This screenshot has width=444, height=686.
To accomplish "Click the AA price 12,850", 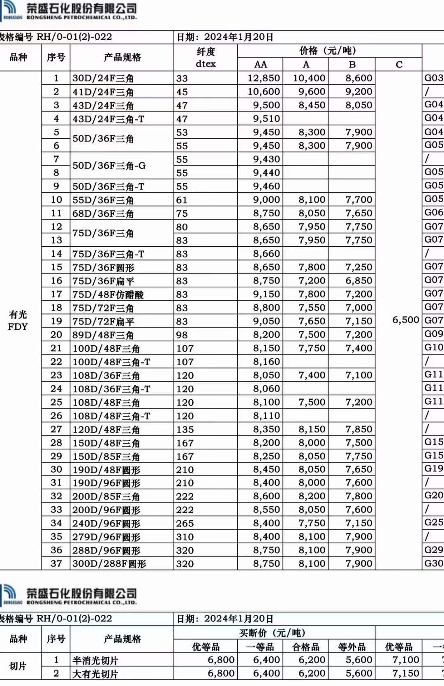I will pyautogui.click(x=264, y=78).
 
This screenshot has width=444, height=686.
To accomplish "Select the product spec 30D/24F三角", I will pyautogui.click(x=103, y=78).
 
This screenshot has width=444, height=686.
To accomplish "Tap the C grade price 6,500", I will pyautogui.click(x=405, y=320).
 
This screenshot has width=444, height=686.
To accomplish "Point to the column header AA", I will pyautogui.click(x=260, y=65).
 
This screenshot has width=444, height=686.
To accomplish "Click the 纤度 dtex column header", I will pyautogui.click(x=206, y=58).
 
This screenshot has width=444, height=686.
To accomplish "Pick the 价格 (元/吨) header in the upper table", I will pyautogui.click(x=327, y=51).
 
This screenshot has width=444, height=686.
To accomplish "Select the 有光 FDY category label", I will pyautogui.click(x=18, y=320).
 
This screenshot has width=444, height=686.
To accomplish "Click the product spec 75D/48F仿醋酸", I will pyautogui.click(x=108, y=294).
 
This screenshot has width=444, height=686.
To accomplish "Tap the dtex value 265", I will pyautogui.click(x=185, y=524).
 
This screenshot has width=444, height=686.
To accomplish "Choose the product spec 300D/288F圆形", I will pyautogui.click(x=109, y=564).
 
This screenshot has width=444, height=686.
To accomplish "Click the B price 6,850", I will pyautogui.click(x=358, y=280).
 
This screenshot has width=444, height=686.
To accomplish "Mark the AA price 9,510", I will pyautogui.click(x=266, y=118).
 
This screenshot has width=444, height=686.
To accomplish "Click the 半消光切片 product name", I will pyautogui.click(x=95, y=661).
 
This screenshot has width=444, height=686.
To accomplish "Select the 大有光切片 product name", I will pyautogui.click(x=95, y=674).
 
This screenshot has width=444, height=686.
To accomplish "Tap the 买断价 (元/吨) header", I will pyautogui.click(x=272, y=633).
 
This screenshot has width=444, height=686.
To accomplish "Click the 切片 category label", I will pyautogui.click(x=18, y=666).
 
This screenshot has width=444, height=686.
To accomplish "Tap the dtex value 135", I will pyautogui.click(x=185, y=429).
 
